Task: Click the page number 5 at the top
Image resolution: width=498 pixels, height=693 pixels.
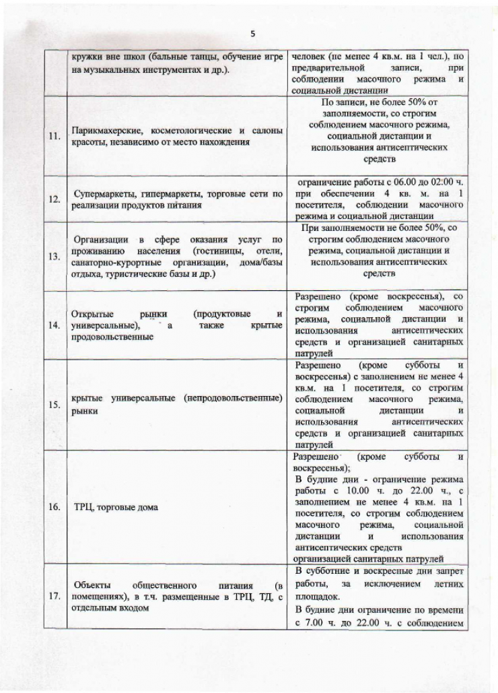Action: click(253, 34)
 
